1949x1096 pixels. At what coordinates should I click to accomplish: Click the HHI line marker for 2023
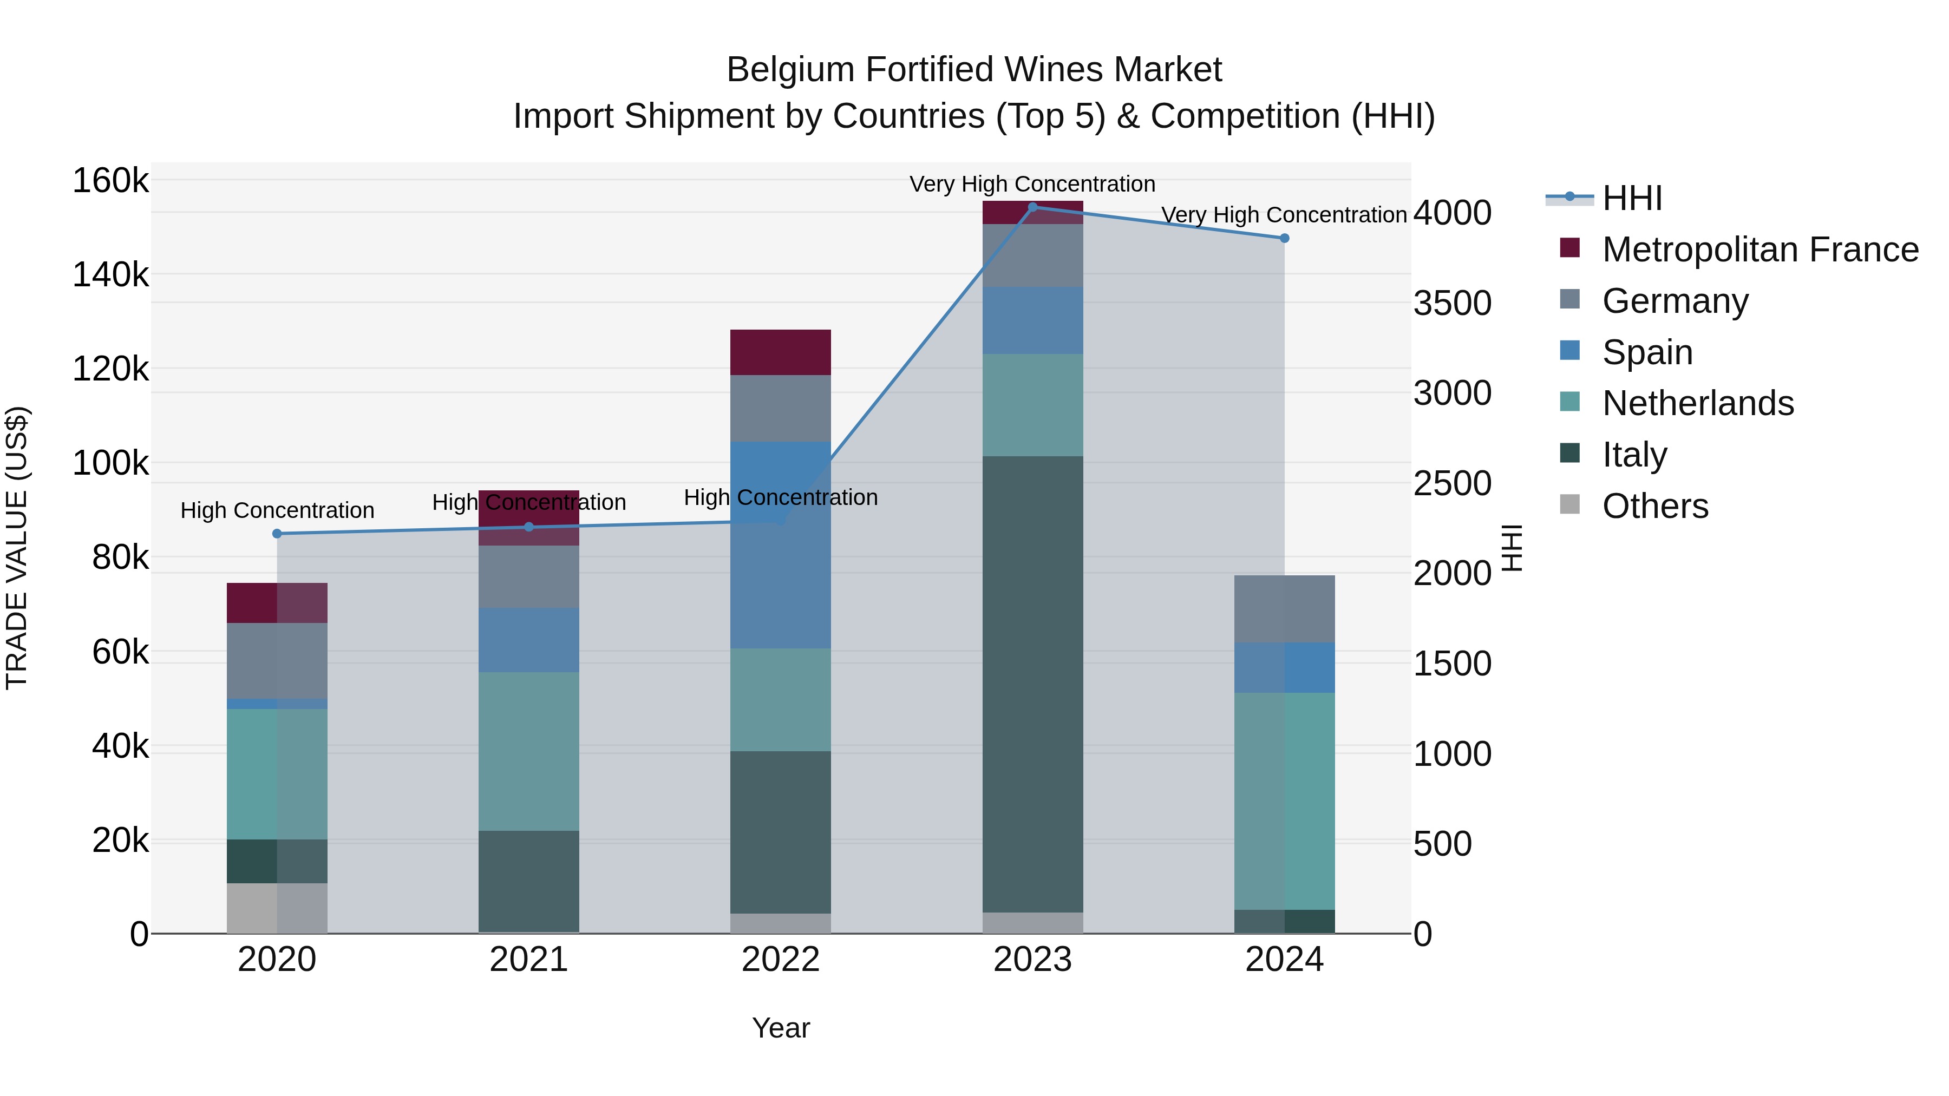coord(1033,207)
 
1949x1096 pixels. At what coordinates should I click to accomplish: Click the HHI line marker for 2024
coord(1284,238)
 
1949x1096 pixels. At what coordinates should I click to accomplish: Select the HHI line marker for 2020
coord(277,534)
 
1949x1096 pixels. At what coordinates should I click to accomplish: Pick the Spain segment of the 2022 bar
coord(780,544)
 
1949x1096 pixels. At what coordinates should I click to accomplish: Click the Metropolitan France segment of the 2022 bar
coord(780,352)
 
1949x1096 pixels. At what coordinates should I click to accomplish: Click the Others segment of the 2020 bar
coord(277,908)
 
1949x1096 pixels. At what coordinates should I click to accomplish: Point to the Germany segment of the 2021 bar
coord(529,576)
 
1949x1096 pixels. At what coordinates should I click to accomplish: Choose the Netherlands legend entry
coord(1698,403)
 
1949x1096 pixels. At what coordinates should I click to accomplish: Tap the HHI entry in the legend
coord(1632,198)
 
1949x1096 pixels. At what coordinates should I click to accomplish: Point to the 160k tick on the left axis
coord(110,181)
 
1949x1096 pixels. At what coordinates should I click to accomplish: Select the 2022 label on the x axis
coord(780,960)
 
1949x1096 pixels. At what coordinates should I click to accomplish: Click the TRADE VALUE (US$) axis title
coord(17,548)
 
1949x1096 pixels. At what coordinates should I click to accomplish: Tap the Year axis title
coord(780,1028)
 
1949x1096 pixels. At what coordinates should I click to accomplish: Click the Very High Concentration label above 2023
coord(1032,185)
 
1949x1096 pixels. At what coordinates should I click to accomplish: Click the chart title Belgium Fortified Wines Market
coord(974,70)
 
